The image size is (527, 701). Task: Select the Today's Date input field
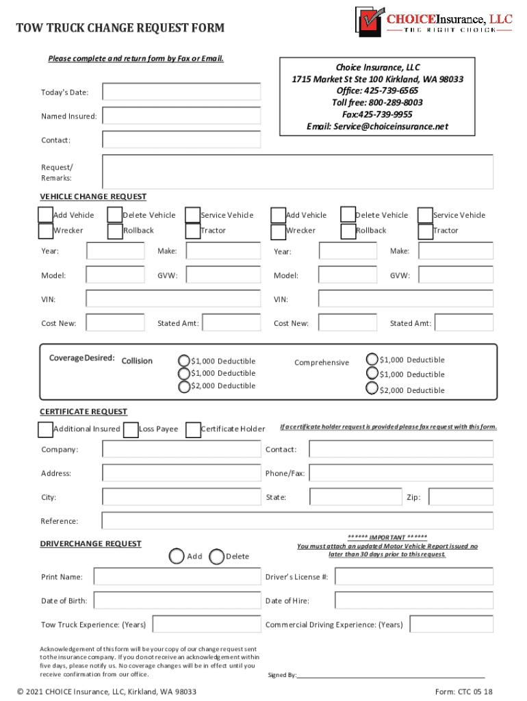181,92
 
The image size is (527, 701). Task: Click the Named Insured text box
181,116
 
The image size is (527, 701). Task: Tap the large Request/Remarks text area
297,171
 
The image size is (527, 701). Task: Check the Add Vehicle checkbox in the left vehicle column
45,215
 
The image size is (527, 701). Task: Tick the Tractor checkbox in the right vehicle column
425,231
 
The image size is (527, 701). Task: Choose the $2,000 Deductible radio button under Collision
184,387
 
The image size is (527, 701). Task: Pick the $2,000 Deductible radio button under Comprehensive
372,389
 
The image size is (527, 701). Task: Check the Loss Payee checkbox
131,429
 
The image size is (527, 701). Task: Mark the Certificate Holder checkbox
193,429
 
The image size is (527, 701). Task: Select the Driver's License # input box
413,577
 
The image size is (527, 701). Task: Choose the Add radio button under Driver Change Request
177,557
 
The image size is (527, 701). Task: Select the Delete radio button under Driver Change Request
216,557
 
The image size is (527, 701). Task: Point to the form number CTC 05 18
463,691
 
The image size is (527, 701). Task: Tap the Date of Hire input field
413,600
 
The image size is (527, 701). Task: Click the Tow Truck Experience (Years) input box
206,624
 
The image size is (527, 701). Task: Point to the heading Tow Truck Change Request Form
120,28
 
